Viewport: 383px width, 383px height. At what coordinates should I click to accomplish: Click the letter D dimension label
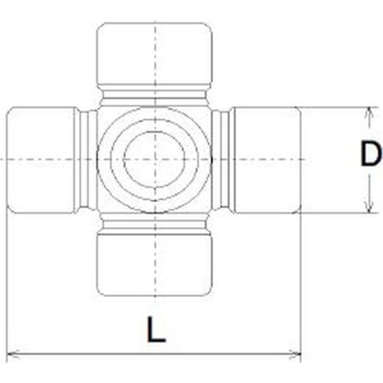click(371, 156)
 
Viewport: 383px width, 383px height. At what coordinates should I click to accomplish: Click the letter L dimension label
click(156, 329)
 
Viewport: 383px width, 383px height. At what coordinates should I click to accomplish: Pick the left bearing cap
click(41, 159)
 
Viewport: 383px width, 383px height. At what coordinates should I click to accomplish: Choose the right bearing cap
click(266, 159)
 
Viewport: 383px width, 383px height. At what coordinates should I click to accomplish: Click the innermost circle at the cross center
click(154, 159)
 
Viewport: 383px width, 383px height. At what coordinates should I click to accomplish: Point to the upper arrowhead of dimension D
click(368, 112)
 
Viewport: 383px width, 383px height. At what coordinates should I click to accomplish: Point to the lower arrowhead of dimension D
click(368, 207)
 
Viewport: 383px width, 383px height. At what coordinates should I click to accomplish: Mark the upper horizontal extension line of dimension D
click(335, 107)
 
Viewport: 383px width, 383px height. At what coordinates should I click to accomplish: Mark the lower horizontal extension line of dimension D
click(335, 212)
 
